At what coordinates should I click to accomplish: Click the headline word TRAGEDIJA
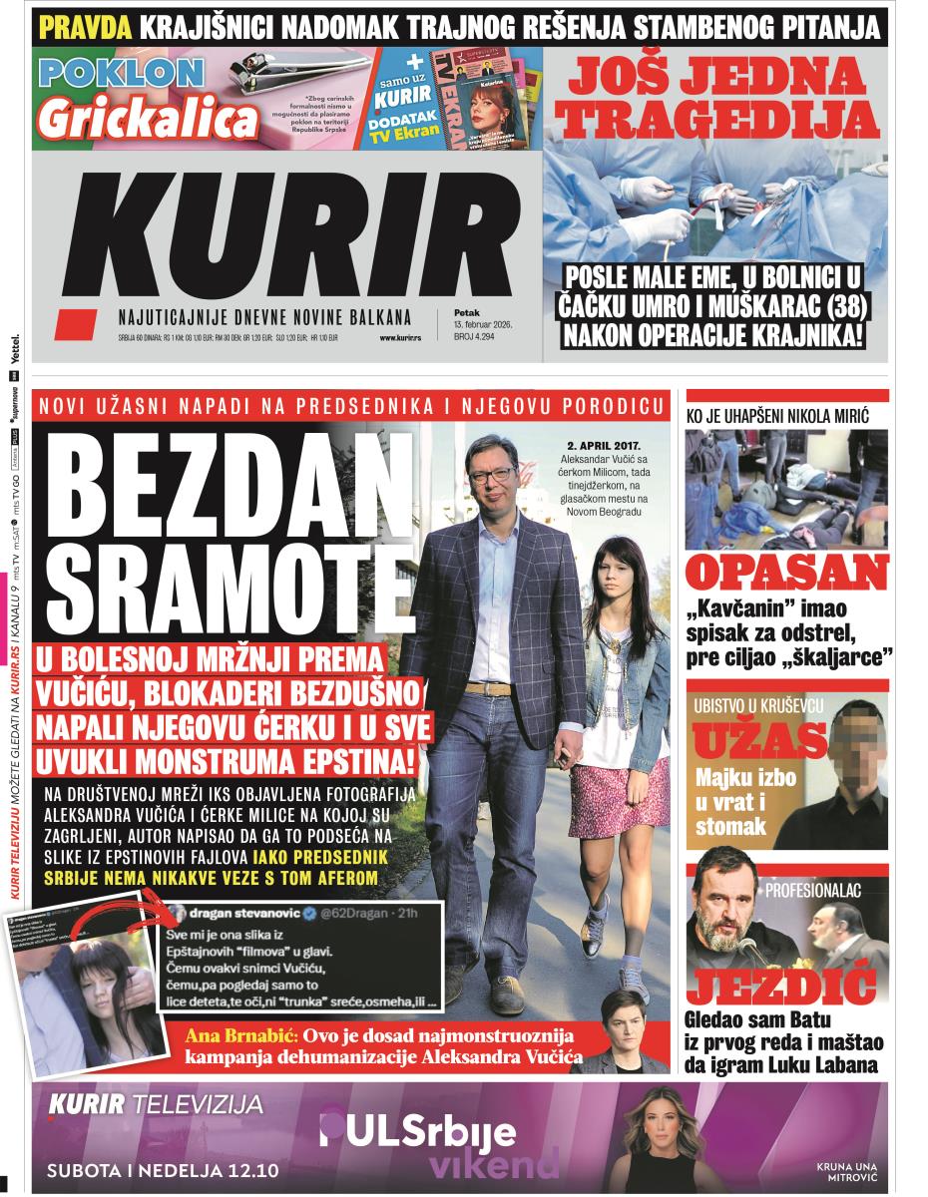point(714,119)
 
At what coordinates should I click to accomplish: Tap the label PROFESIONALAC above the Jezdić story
point(812,887)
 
